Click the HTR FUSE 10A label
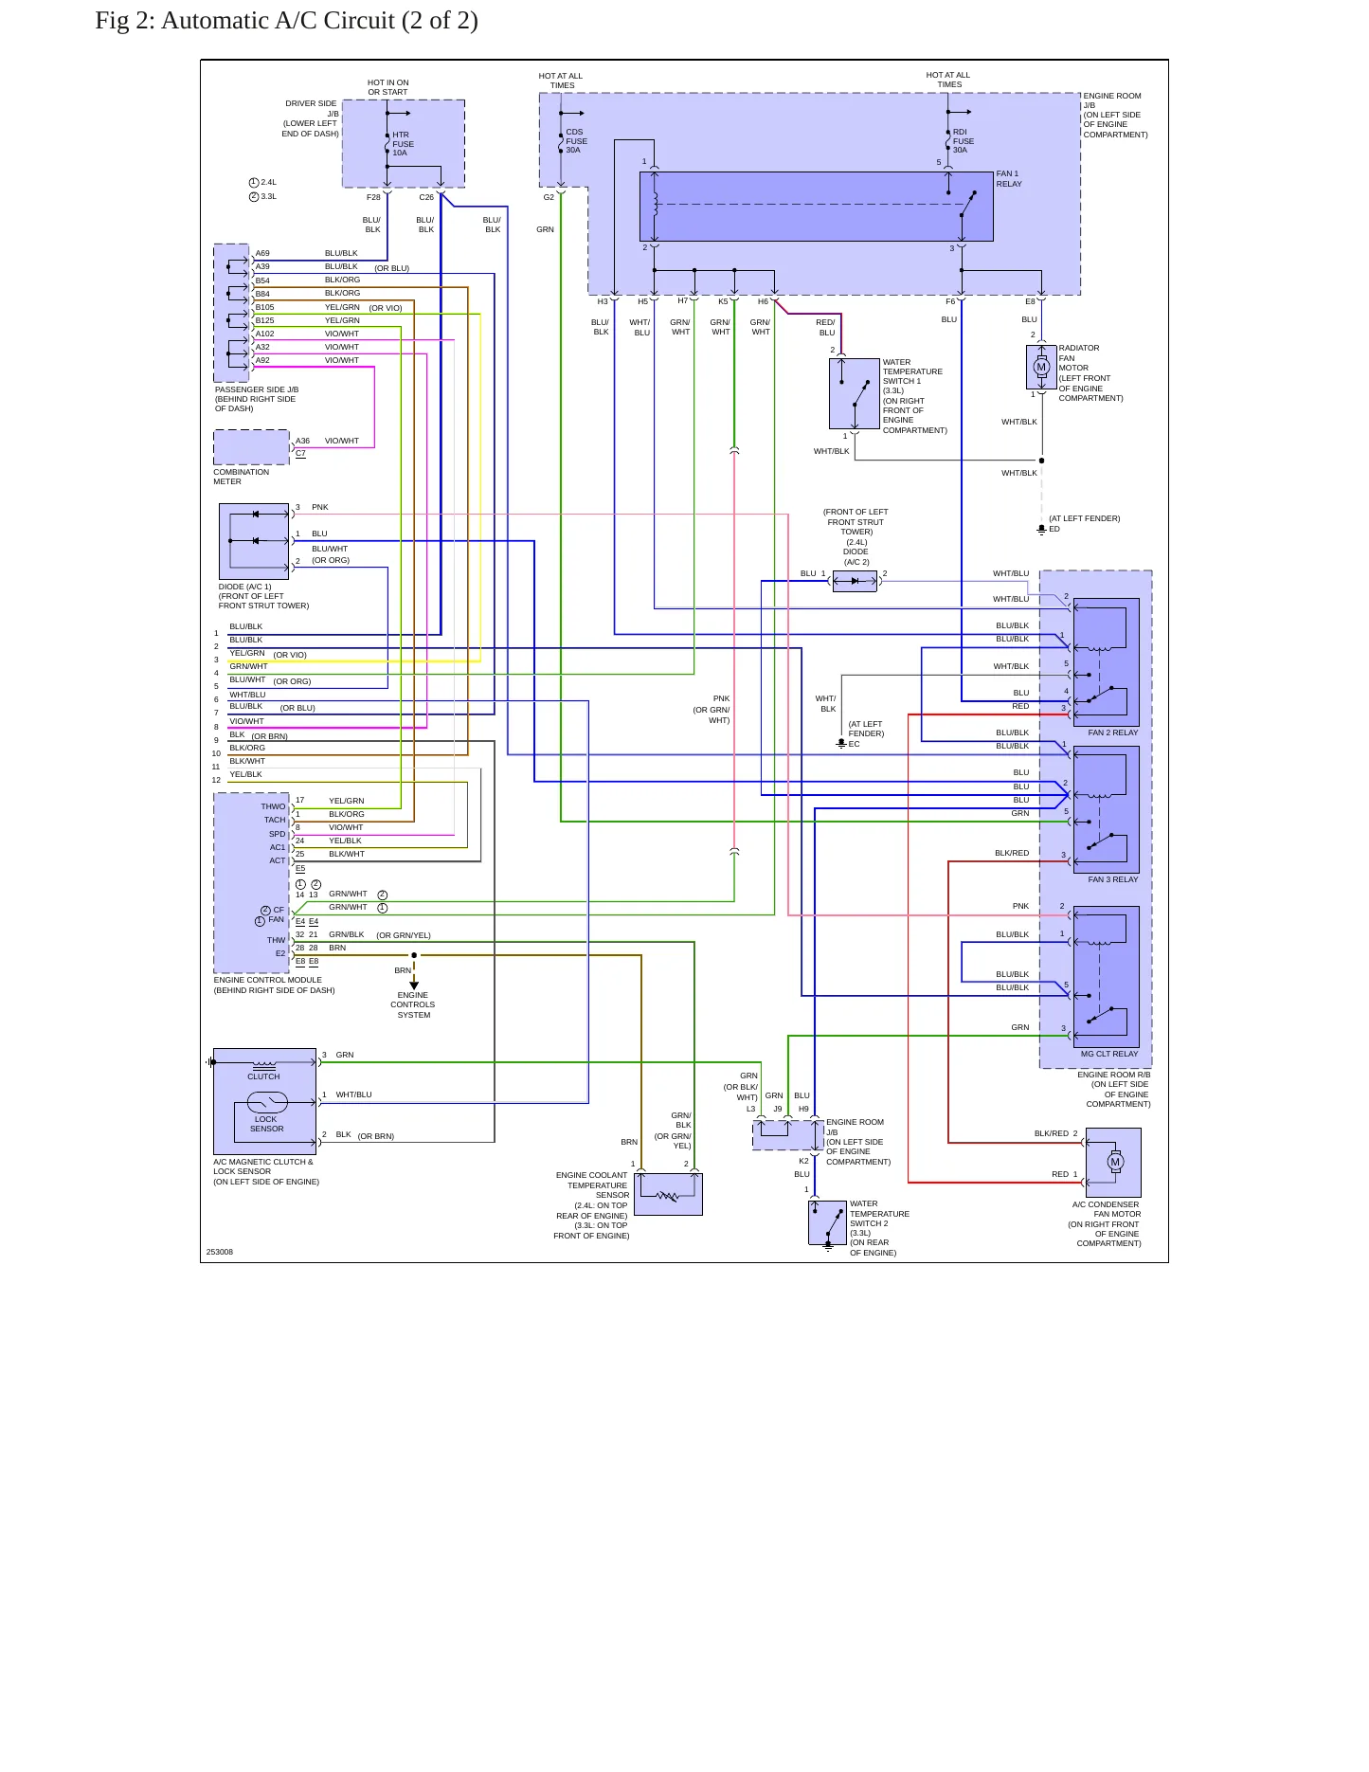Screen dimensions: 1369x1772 coord(403,144)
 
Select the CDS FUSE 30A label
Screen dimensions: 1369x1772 coord(576,141)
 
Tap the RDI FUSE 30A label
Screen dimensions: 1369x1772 coord(963,141)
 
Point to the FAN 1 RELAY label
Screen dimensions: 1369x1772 coord(1008,179)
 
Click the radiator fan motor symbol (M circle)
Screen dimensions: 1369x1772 coord(1041,367)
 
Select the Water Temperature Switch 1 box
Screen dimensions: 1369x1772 coord(854,393)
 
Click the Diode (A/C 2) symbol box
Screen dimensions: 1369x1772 coord(855,581)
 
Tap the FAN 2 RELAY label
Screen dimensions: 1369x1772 coord(1113,732)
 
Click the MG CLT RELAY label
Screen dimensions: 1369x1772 coord(1109,1054)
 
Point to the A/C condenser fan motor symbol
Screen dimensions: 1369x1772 coord(1115,1162)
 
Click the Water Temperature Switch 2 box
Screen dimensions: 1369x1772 coord(827,1222)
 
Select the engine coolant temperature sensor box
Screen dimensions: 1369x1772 coord(668,1194)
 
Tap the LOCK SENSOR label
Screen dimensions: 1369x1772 coord(266,1124)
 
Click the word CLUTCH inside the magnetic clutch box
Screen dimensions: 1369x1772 coord(263,1076)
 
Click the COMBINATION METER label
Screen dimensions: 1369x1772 coord(241,477)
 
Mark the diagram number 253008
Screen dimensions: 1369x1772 coord(219,1252)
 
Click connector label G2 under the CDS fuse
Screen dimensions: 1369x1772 coord(549,197)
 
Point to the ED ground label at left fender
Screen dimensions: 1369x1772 coord(1054,529)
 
